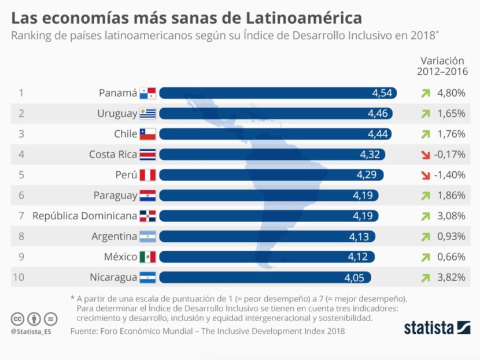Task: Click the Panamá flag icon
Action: point(147,93)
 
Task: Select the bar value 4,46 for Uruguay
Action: point(378,113)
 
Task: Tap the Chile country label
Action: point(125,134)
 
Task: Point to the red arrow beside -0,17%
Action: point(426,155)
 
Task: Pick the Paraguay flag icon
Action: point(147,196)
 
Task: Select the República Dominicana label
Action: point(84,216)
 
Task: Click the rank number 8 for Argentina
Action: point(21,236)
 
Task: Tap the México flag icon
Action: point(147,257)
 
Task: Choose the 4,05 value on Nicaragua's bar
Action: point(355,278)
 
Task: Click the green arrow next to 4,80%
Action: point(426,93)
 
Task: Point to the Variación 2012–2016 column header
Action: point(442,65)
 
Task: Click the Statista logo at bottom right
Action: point(437,328)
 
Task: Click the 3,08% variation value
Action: point(451,216)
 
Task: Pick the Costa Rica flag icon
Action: point(147,155)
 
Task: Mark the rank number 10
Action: point(18,277)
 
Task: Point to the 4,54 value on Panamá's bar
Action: point(382,93)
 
